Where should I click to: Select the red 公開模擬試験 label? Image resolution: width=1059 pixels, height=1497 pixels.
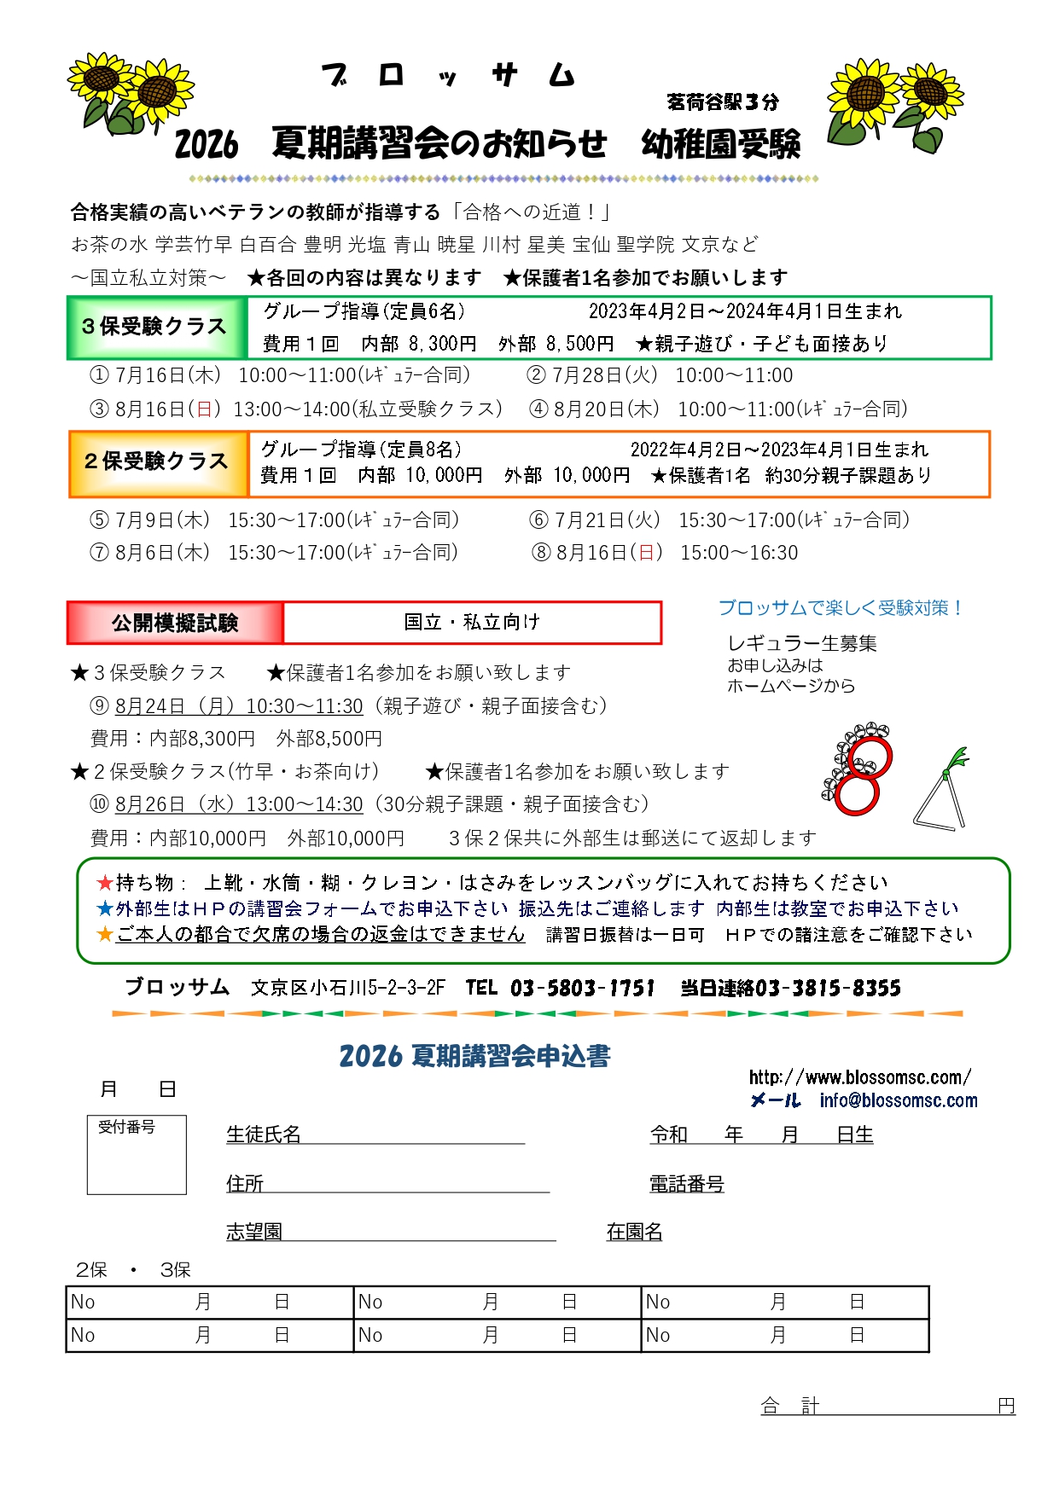click(175, 624)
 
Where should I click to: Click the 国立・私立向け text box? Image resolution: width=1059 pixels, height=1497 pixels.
click(472, 623)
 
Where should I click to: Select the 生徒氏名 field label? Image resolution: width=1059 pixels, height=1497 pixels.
click(264, 1134)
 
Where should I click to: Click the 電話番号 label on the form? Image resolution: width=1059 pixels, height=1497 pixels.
click(686, 1184)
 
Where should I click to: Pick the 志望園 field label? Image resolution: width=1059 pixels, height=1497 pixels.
click(253, 1232)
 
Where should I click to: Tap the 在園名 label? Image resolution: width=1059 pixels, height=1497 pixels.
click(634, 1232)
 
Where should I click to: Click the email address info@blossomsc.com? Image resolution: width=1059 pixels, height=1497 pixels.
click(898, 1101)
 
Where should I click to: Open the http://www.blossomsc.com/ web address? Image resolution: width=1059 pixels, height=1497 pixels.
click(859, 1077)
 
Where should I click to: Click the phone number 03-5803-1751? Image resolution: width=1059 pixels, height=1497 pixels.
click(583, 989)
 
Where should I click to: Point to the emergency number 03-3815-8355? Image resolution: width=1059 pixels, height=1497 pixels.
click(828, 989)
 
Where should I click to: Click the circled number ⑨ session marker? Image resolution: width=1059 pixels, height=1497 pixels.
click(100, 706)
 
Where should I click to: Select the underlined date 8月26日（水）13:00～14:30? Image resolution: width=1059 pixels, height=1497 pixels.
click(239, 804)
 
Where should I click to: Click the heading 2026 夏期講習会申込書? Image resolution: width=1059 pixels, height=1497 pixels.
click(474, 1056)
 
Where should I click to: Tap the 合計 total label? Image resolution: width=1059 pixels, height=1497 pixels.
click(789, 1407)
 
